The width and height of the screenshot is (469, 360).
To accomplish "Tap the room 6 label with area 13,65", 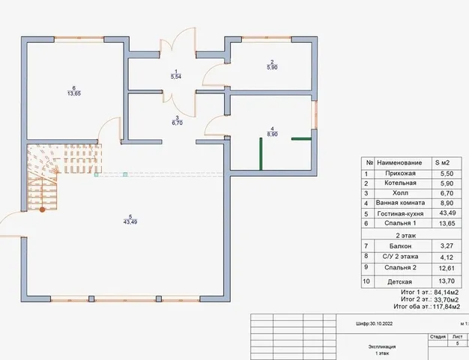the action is click(74, 91).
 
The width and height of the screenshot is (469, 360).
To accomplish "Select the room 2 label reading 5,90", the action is click(272, 65).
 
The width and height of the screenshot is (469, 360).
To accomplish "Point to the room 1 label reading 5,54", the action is click(176, 74).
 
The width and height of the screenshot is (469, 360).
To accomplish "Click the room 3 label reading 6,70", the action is click(177, 120).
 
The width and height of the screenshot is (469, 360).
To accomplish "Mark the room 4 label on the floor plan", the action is click(272, 132).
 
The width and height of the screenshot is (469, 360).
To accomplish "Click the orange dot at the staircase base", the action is click(43, 210).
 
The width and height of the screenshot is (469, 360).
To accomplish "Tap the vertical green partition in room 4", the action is click(261, 154).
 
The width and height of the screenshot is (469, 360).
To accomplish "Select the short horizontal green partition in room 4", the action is click(301, 138).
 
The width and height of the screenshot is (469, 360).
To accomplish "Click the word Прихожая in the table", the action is click(400, 174).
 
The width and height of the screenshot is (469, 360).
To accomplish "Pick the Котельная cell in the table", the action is click(400, 183).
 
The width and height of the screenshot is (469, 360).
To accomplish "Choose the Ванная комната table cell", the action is click(400, 203).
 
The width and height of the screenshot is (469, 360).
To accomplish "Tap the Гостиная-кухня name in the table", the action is click(400, 213).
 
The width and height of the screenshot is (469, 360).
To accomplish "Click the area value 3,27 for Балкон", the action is click(447, 246).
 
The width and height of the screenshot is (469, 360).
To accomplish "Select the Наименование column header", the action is click(399, 163).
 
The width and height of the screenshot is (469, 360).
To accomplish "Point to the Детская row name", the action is click(399, 281).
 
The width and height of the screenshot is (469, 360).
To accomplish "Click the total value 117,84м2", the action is click(447, 307).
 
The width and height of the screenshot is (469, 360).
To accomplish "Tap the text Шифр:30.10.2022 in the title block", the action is click(374, 323).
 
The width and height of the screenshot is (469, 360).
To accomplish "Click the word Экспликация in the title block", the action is click(382, 347).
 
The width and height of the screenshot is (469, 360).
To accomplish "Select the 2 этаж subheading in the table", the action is click(406, 236).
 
